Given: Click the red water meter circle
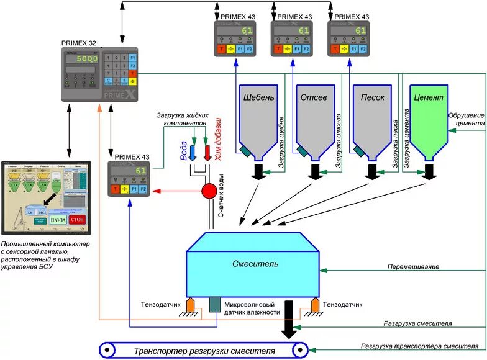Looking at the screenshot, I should click(x=207, y=191).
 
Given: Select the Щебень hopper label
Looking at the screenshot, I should click(x=257, y=97).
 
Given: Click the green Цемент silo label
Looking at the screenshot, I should click(x=427, y=97).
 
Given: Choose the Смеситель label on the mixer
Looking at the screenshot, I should click(x=255, y=264).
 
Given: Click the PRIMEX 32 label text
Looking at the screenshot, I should click(x=79, y=43).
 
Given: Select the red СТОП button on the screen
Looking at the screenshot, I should click(x=77, y=219).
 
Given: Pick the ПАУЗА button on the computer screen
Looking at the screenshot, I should click(x=58, y=220).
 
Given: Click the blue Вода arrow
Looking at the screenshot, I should click(x=193, y=153).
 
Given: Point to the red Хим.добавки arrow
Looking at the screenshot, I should click(x=207, y=153).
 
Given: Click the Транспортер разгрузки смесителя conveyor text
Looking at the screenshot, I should click(x=204, y=351).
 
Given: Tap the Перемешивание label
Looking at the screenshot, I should click(x=412, y=267).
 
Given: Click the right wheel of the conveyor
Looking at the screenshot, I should click(x=301, y=351).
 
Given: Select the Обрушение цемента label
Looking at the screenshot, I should click(x=467, y=119).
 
